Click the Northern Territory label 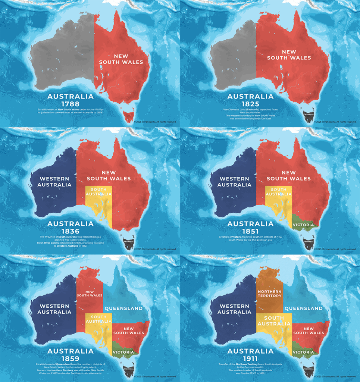click(x=269, y=293)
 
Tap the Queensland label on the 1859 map click(x=123, y=309)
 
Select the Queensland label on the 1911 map click(x=303, y=309)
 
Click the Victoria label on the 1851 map click(x=303, y=225)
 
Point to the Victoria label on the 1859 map click(x=123, y=352)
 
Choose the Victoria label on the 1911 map click(x=303, y=352)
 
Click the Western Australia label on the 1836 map click(x=54, y=182)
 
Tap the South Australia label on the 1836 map click(x=98, y=192)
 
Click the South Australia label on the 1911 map click(x=274, y=321)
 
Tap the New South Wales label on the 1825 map click(x=289, y=55)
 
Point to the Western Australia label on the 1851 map click(x=234, y=182)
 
